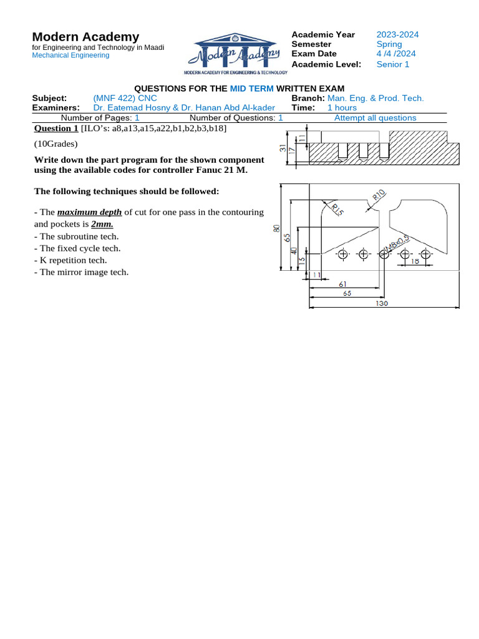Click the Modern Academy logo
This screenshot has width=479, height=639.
[x=236, y=54]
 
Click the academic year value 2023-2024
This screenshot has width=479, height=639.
[x=397, y=34]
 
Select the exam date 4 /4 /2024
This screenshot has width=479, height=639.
[x=396, y=54]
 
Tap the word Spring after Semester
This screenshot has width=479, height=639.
[x=389, y=44]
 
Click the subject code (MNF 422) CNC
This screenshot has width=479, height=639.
[x=125, y=98]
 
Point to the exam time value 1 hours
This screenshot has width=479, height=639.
[x=342, y=107]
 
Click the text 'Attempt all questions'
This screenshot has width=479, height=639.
[x=375, y=117]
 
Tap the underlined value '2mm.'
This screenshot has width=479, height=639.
[x=102, y=223]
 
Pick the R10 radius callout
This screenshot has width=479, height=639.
[x=380, y=195]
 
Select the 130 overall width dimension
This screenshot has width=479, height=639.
[x=382, y=303]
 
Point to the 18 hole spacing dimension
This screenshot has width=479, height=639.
[x=415, y=262]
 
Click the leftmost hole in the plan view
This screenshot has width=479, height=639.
[x=342, y=254]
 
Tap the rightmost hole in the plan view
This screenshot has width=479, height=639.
[x=425, y=254]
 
